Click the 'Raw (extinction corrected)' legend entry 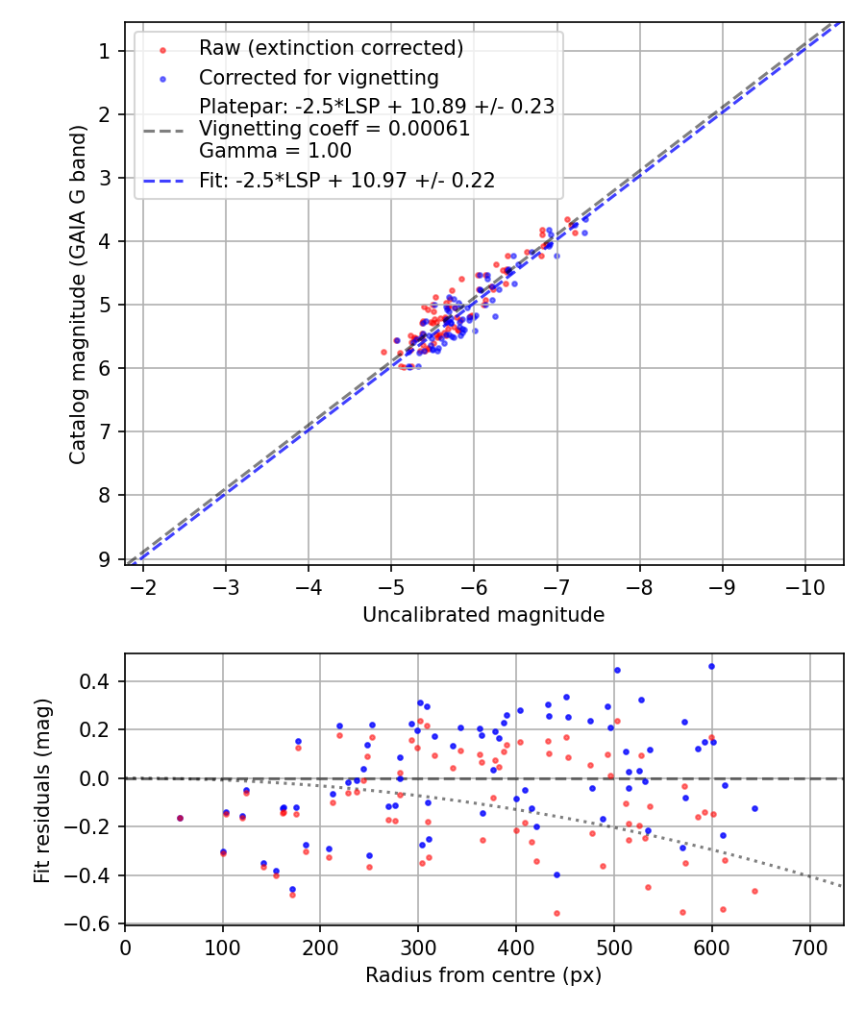pyautogui.click(x=331, y=48)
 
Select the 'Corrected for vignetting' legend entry pyautogui.click(x=318, y=77)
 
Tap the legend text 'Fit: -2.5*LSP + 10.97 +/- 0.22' pyautogui.click(x=347, y=180)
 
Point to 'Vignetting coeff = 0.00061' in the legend pyautogui.click(x=334, y=129)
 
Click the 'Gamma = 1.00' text pyautogui.click(x=275, y=151)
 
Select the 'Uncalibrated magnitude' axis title pyautogui.click(x=483, y=615)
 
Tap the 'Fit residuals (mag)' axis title pyautogui.click(x=41, y=789)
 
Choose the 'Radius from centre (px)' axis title pyautogui.click(x=483, y=975)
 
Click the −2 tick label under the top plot pyautogui.click(x=143, y=586)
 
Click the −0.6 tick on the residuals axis pyautogui.click(x=90, y=923)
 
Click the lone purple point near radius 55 pyautogui.click(x=180, y=818)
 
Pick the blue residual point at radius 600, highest pyautogui.click(x=711, y=666)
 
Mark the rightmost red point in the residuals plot pyautogui.click(x=754, y=891)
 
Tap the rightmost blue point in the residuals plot pyautogui.click(x=754, y=808)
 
